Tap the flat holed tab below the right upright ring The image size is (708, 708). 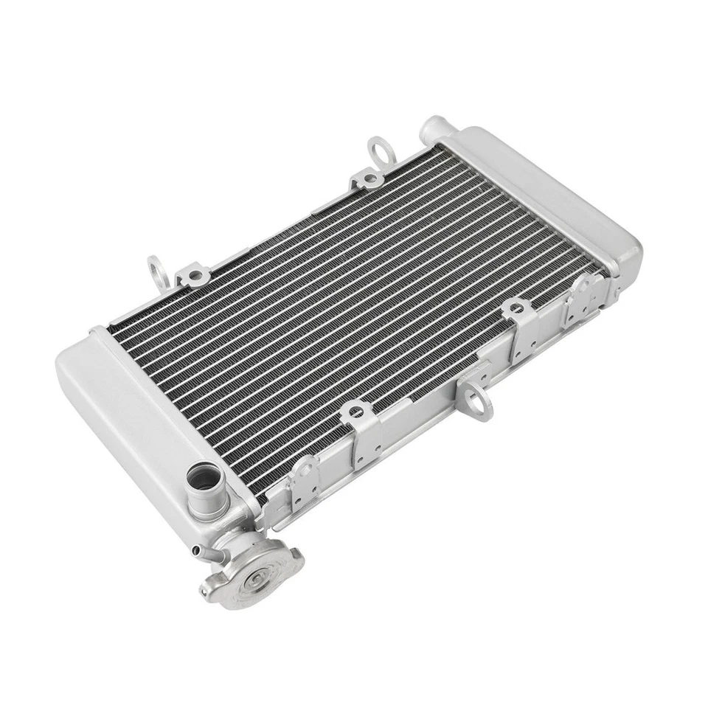pyautogui.click(x=367, y=179)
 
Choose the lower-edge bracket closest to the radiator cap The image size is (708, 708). pyautogui.click(x=302, y=479)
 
